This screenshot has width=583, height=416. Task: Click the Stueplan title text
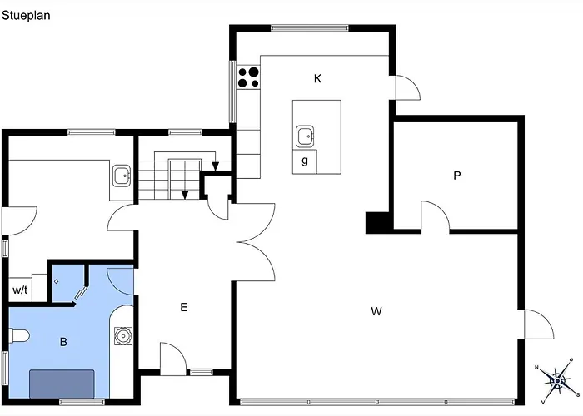[26, 16]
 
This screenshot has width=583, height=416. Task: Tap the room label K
[317, 79]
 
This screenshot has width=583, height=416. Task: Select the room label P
[457, 176]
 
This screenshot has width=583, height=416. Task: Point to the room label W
[376, 311]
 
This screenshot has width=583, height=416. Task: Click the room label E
[184, 307]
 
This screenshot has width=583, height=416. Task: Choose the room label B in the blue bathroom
[63, 342]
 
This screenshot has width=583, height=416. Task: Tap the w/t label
[20, 290]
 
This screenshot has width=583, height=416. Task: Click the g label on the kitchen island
[305, 161]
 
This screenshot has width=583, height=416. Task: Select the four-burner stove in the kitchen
[249, 77]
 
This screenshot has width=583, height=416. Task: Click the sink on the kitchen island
[305, 136]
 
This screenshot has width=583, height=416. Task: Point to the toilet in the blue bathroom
[19, 336]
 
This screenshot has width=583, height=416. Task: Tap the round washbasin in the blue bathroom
[122, 336]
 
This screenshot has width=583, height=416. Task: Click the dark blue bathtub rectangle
[62, 384]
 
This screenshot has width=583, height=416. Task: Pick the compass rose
[557, 381]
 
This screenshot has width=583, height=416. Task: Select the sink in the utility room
[122, 176]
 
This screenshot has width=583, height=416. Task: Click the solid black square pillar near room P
[377, 222]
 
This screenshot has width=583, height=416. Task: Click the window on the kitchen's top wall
[309, 27]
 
